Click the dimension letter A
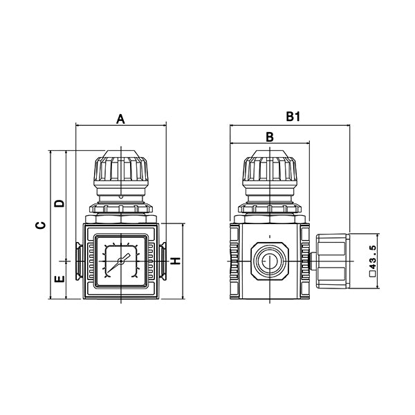pos(120,119)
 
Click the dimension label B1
pos(293,116)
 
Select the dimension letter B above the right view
pos(270,137)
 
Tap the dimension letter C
pos(40,225)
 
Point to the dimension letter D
pos(59,203)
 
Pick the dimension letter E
pos(59,279)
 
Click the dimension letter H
pos(175,261)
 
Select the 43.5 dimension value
pos(372,258)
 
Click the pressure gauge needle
pos(118,264)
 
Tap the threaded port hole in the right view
pos(270,261)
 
